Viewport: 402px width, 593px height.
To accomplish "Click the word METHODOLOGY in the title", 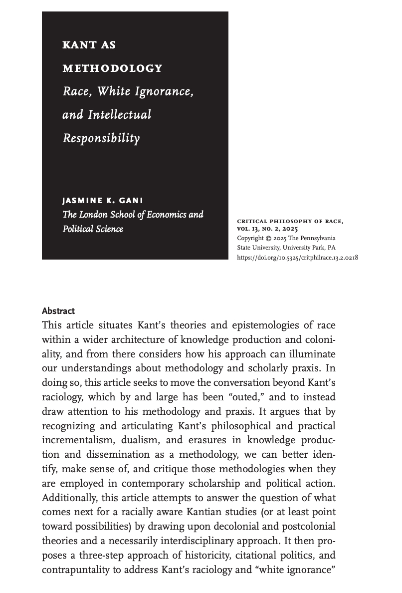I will pyautogui.click(x=112, y=68).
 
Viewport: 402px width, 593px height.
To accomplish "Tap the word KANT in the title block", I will pyautogui.click(x=75, y=45).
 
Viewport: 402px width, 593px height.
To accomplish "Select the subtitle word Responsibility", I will pyautogui.click(x=101, y=138).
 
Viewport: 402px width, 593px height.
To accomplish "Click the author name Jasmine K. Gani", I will pyautogui.click(x=103, y=201).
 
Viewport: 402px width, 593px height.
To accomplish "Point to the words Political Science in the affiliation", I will pyautogui.click(x=93, y=229).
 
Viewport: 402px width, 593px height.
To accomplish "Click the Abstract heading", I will pyautogui.click(x=58, y=311).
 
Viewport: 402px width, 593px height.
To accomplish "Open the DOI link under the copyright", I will pyautogui.click(x=297, y=258).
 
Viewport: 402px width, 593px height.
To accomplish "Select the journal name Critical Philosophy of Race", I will pyautogui.click(x=290, y=221).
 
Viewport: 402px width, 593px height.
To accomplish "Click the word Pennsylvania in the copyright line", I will pyautogui.click(x=318, y=238).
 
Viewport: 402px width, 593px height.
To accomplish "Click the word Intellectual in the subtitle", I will pyautogui.click(x=120, y=115).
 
